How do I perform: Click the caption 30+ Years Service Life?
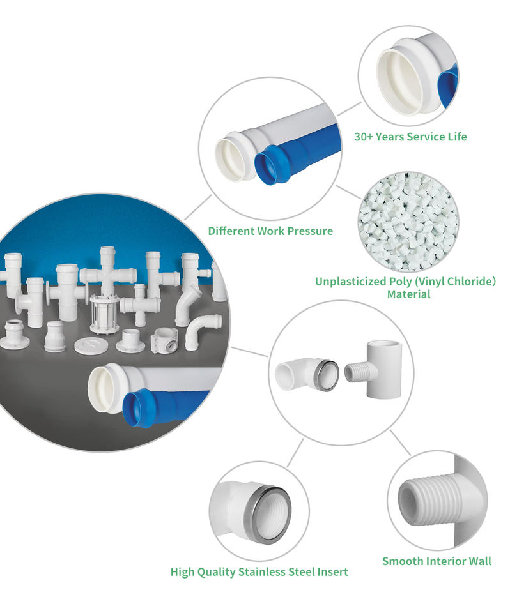point(410,137)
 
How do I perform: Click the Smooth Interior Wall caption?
point(437,561)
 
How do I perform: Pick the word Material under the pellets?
point(408,294)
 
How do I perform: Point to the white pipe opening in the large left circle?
point(104,390)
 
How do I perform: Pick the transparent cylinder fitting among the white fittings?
point(104,314)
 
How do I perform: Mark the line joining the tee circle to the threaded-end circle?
point(399,443)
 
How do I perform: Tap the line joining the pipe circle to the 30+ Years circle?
point(348,109)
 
